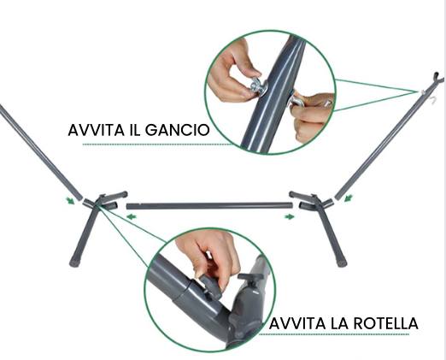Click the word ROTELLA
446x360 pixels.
(386, 323)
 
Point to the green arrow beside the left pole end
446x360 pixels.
(70, 201)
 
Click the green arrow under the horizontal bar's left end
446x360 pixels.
(132, 217)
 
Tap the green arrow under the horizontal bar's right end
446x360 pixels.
(290, 217)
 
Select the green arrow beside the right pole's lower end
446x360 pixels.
(349, 198)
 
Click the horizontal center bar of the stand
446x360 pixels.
(209, 205)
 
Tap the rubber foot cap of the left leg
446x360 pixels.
(74, 263)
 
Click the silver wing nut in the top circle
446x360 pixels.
(257, 86)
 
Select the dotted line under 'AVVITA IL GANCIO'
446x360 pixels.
(158, 145)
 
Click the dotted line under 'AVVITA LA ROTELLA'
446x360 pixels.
(334, 334)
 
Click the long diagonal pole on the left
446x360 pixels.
(40, 151)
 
